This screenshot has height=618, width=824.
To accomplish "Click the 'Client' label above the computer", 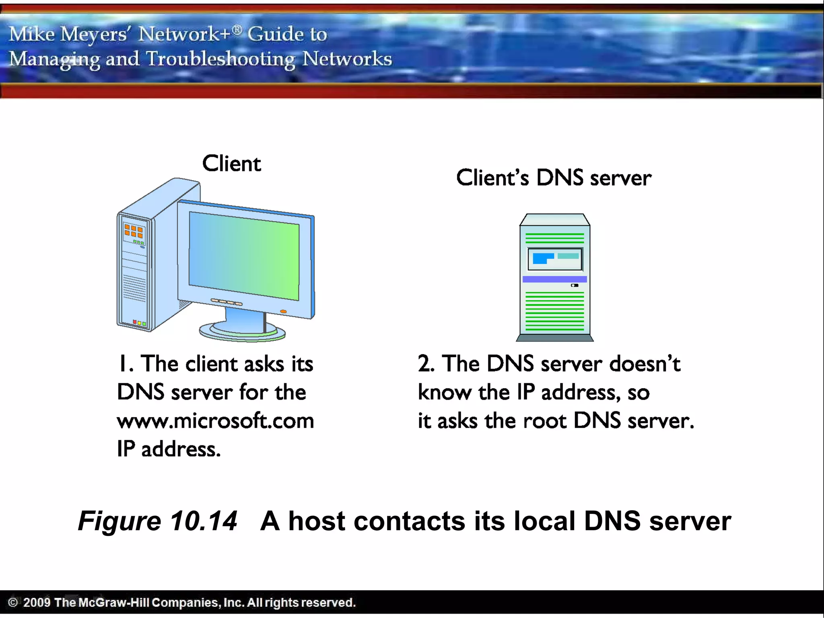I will pos(231,164).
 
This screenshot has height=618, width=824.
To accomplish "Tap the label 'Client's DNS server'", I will pos(554,178).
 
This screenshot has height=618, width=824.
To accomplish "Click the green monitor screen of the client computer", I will pos(244,256).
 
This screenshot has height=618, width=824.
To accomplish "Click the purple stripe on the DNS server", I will pos(554,279).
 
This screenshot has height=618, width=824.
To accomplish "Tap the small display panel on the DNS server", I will pos(554,259).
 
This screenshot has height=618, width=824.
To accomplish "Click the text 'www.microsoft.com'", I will pos(215,421).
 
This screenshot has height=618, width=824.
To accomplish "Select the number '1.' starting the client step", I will pos(125,364).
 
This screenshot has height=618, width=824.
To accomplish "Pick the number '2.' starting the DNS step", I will pos(426,364).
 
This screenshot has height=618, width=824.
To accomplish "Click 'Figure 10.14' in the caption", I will pos(157,521).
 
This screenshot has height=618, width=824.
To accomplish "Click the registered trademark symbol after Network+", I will pos(237,29).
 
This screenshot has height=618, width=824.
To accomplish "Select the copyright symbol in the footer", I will pos(13,602).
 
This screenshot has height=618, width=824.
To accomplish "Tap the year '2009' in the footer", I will pos(37,602).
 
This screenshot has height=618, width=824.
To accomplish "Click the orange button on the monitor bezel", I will pos(283,311).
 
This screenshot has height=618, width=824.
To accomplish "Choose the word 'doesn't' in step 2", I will pos(645,364).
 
